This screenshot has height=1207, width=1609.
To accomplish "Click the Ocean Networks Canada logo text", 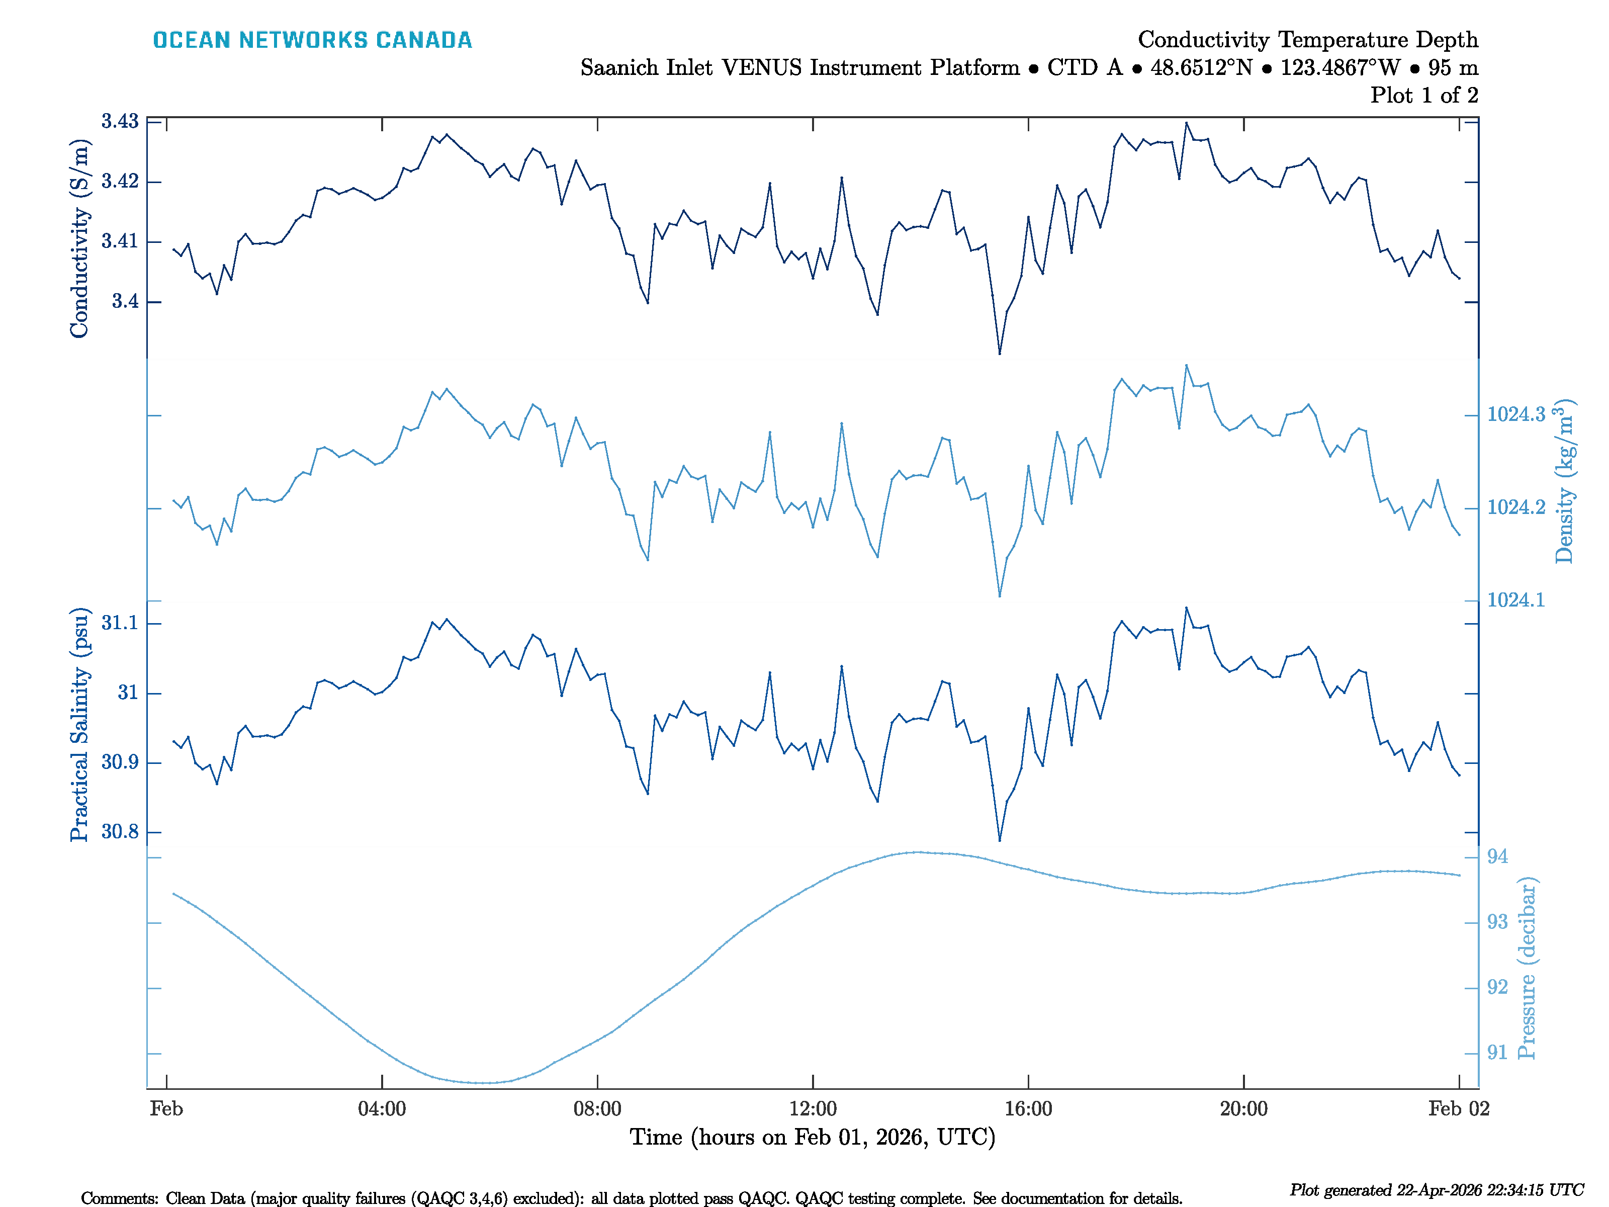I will [x=312, y=40].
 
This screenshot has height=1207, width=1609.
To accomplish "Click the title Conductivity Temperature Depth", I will [x=1307, y=39].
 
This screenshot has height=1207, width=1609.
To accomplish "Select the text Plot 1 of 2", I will [x=1423, y=96].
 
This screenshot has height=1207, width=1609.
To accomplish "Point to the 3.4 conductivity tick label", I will [x=125, y=301].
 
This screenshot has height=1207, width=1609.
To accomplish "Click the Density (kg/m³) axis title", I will [x=1564, y=480].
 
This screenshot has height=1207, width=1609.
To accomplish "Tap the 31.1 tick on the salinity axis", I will [x=120, y=623].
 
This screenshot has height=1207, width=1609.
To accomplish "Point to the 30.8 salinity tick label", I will [x=120, y=832].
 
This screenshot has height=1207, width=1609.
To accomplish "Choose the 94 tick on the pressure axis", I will [x=1497, y=857].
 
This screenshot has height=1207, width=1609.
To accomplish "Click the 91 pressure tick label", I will [x=1497, y=1053].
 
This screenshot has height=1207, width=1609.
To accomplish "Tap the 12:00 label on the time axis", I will [x=813, y=1109].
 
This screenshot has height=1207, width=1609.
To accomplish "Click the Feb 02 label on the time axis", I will [x=1459, y=1109].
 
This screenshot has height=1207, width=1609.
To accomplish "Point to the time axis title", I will [x=813, y=1137].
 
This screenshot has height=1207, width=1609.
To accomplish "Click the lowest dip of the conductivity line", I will [x=1000, y=354].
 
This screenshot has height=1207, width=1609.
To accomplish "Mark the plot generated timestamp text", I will [x=1436, y=1190].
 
